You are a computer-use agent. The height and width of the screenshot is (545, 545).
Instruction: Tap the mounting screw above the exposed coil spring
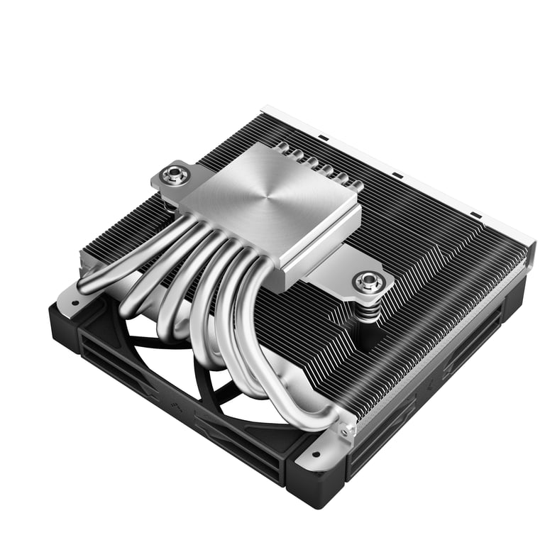tap(368, 282)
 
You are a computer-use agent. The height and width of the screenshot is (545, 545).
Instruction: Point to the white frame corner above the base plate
tap(264, 110)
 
